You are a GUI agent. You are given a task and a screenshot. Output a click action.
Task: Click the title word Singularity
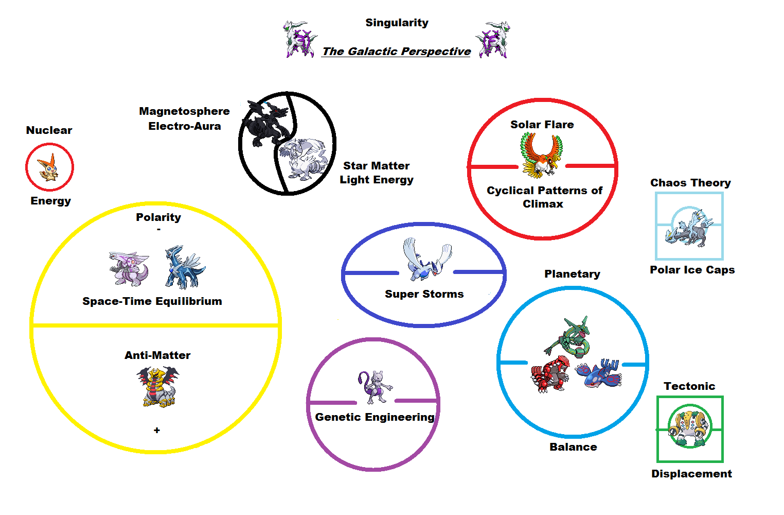click(x=397, y=23)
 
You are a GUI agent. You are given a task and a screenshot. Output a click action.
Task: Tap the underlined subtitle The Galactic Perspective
click(x=396, y=51)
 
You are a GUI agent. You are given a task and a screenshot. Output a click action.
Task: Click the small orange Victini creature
click(x=49, y=168)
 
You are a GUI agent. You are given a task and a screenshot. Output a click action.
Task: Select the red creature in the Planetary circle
click(x=549, y=375)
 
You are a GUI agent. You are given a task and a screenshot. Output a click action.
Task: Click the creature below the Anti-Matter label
click(x=158, y=387)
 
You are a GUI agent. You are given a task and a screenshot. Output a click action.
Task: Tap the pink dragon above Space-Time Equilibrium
click(x=129, y=268)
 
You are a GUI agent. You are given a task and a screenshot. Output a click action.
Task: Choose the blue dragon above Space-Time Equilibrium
click(x=184, y=266)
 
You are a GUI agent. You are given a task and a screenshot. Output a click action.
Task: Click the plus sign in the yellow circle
click(x=157, y=430)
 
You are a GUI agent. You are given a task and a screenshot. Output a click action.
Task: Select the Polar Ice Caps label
click(x=692, y=270)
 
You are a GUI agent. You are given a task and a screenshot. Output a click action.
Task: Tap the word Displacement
click(x=691, y=474)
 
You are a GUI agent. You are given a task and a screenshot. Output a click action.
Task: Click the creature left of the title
click(x=300, y=39)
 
